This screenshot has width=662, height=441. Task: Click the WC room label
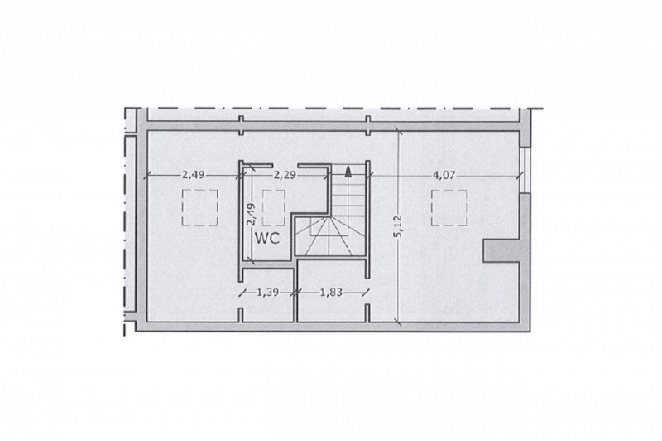tap(267, 238)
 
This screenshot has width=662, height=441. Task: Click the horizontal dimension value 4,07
tap(444, 175)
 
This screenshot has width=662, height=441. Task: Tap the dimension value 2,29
tap(285, 175)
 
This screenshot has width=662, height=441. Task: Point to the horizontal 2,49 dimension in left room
tap(194, 175)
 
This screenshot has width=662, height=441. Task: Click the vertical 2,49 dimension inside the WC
tap(252, 215)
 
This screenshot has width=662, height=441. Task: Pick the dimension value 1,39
tap(267, 292)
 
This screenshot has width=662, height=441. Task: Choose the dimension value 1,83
tap(330, 292)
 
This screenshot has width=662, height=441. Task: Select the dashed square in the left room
tap(200, 207)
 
